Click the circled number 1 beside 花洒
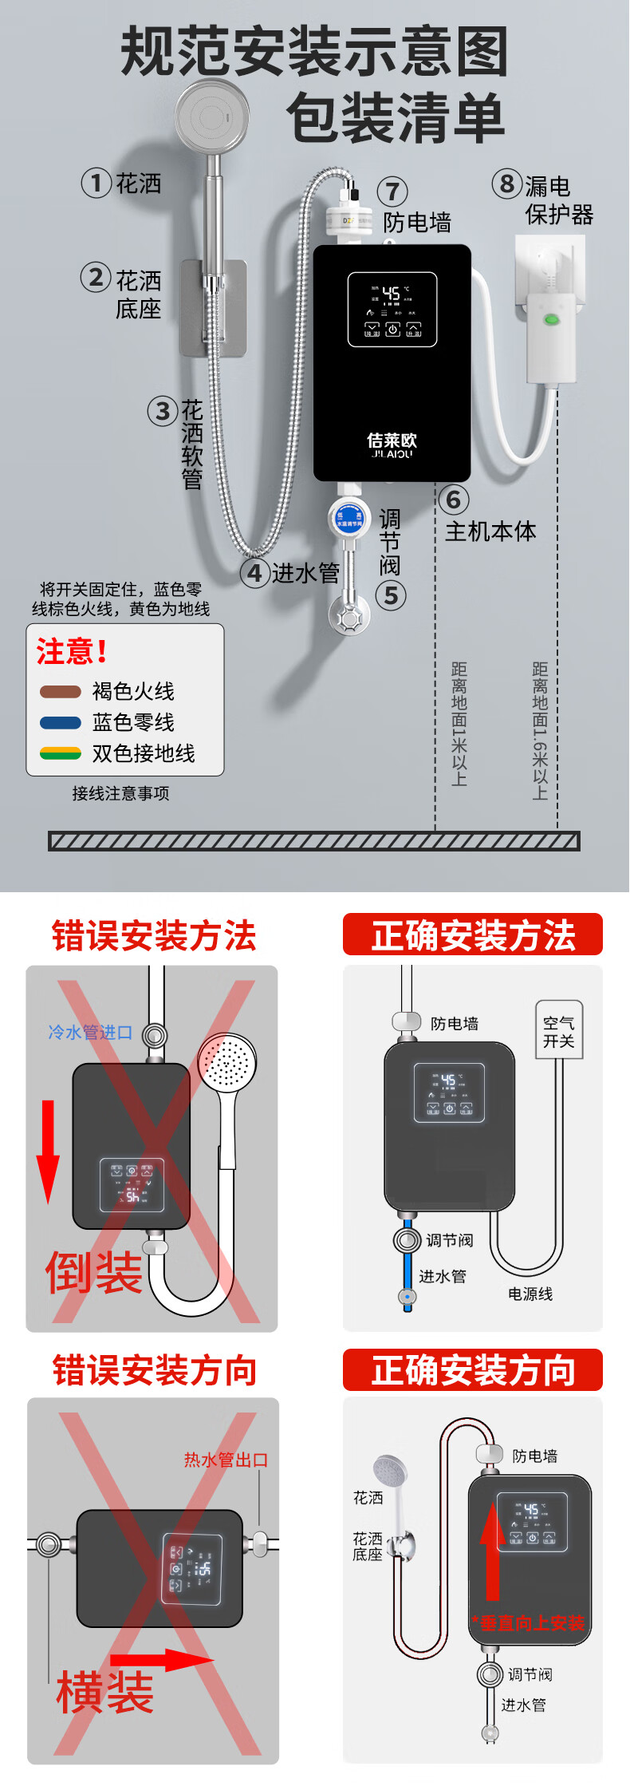click(x=96, y=183)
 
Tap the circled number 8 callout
click(x=506, y=184)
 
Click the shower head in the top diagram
click(x=211, y=117)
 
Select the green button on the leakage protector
click(x=550, y=320)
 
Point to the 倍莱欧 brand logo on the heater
click(x=392, y=445)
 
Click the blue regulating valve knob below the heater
click(x=348, y=517)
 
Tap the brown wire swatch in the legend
click(x=61, y=692)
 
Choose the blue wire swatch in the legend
click(x=61, y=723)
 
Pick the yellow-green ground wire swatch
click(x=61, y=753)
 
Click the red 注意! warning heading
click(x=72, y=652)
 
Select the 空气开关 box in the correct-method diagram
click(x=558, y=1032)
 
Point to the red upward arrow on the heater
click(x=492, y=1552)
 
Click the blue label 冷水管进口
click(x=90, y=1033)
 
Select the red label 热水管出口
click(x=226, y=1460)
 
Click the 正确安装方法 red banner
click(x=473, y=935)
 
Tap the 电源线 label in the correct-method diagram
click(x=530, y=1294)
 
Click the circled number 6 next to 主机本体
click(x=453, y=500)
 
